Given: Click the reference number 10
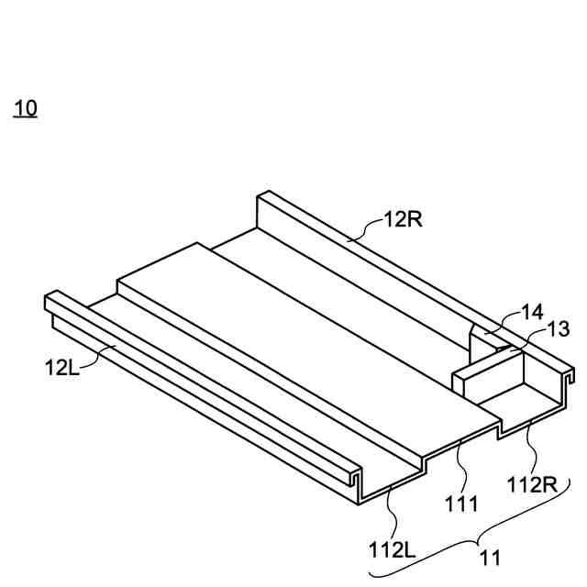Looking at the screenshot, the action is coord(25,108).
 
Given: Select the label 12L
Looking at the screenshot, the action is coord(62,367).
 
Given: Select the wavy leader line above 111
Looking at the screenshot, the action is coord(462,467).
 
